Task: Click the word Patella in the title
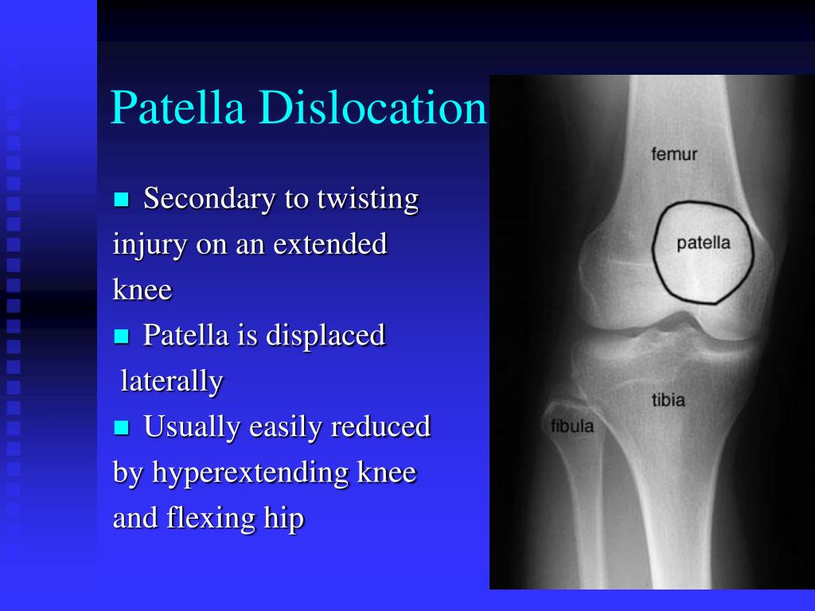[177, 107]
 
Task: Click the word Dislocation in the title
[372, 107]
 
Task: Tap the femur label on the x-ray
[673, 154]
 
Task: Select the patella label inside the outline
[704, 243]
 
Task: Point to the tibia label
[669, 399]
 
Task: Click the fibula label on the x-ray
[571, 426]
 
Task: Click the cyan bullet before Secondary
[121, 200]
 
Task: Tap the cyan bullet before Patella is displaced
[121, 337]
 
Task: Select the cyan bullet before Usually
[121, 427]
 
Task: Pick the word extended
[330, 243]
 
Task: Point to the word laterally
[172, 382]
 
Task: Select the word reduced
[380, 427]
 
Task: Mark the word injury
[150, 245]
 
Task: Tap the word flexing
[210, 519]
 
